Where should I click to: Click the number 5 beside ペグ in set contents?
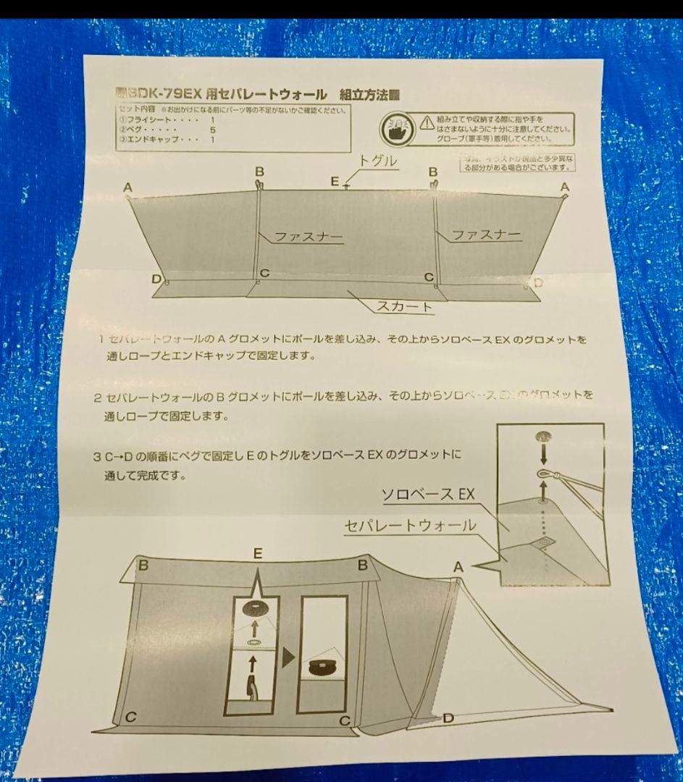(212, 129)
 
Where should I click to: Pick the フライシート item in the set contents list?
(145, 119)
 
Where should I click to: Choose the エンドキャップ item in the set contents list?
(149, 138)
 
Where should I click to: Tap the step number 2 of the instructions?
(98, 398)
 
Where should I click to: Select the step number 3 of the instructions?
(97, 457)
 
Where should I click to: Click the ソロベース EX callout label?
(427, 495)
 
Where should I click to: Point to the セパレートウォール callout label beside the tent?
(411, 526)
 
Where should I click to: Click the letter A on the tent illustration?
(458, 568)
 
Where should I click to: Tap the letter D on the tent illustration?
(448, 718)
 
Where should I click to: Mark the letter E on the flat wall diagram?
(335, 182)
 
